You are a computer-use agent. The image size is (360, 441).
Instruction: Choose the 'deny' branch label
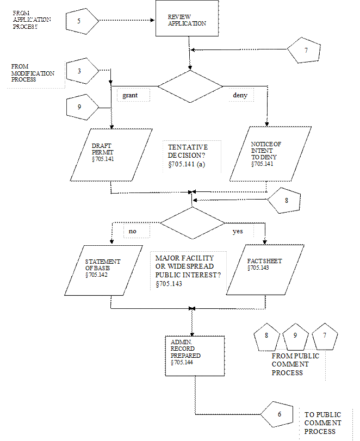240,95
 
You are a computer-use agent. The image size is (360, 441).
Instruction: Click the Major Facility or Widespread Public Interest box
188,270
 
